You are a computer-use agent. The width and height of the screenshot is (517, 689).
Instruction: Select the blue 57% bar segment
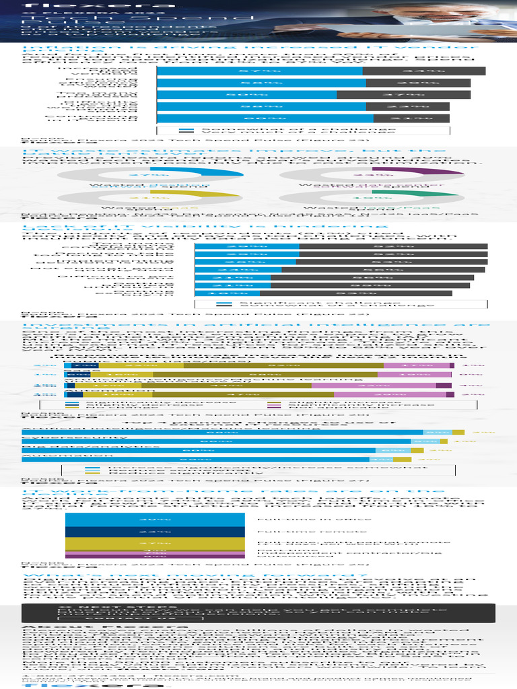(x=259, y=71)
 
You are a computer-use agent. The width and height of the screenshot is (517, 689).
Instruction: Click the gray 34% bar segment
(x=423, y=71)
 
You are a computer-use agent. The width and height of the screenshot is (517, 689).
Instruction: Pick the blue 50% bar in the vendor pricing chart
(x=246, y=95)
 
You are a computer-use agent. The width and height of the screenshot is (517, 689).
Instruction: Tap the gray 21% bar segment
(x=421, y=118)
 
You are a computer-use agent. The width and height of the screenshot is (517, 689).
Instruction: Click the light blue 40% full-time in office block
(x=154, y=519)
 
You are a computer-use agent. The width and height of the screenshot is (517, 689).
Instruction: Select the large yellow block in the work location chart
(x=154, y=543)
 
